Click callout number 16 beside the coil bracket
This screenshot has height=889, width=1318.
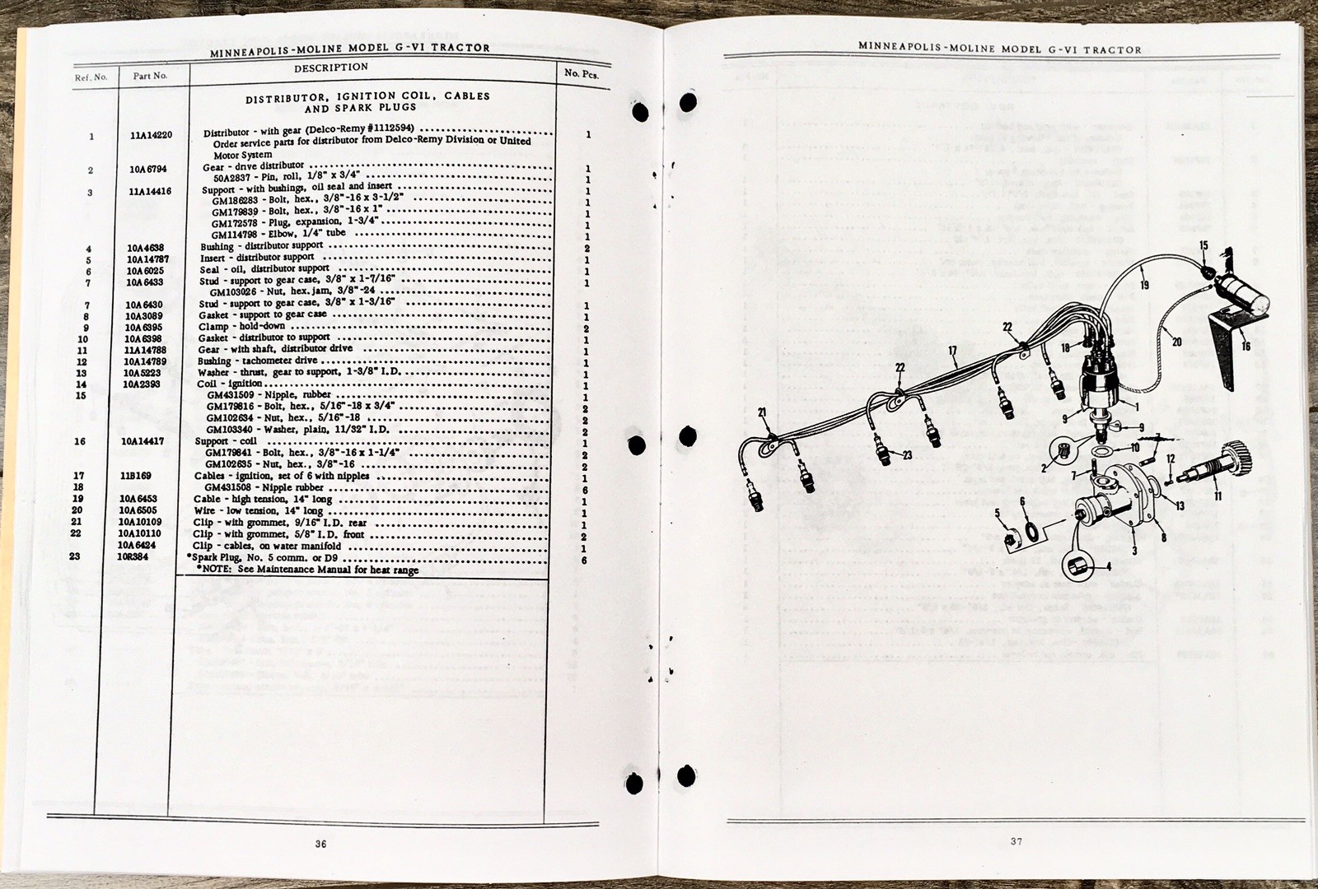point(1246,347)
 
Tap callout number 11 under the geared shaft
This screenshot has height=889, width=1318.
point(1217,496)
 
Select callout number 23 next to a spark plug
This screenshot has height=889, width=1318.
point(906,455)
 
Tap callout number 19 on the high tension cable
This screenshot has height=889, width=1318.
point(1145,286)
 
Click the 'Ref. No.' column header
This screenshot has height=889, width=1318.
point(91,77)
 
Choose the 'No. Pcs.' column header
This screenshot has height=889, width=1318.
point(582,72)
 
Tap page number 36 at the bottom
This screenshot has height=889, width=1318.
point(321,843)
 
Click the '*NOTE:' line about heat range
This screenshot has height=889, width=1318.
point(306,570)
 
